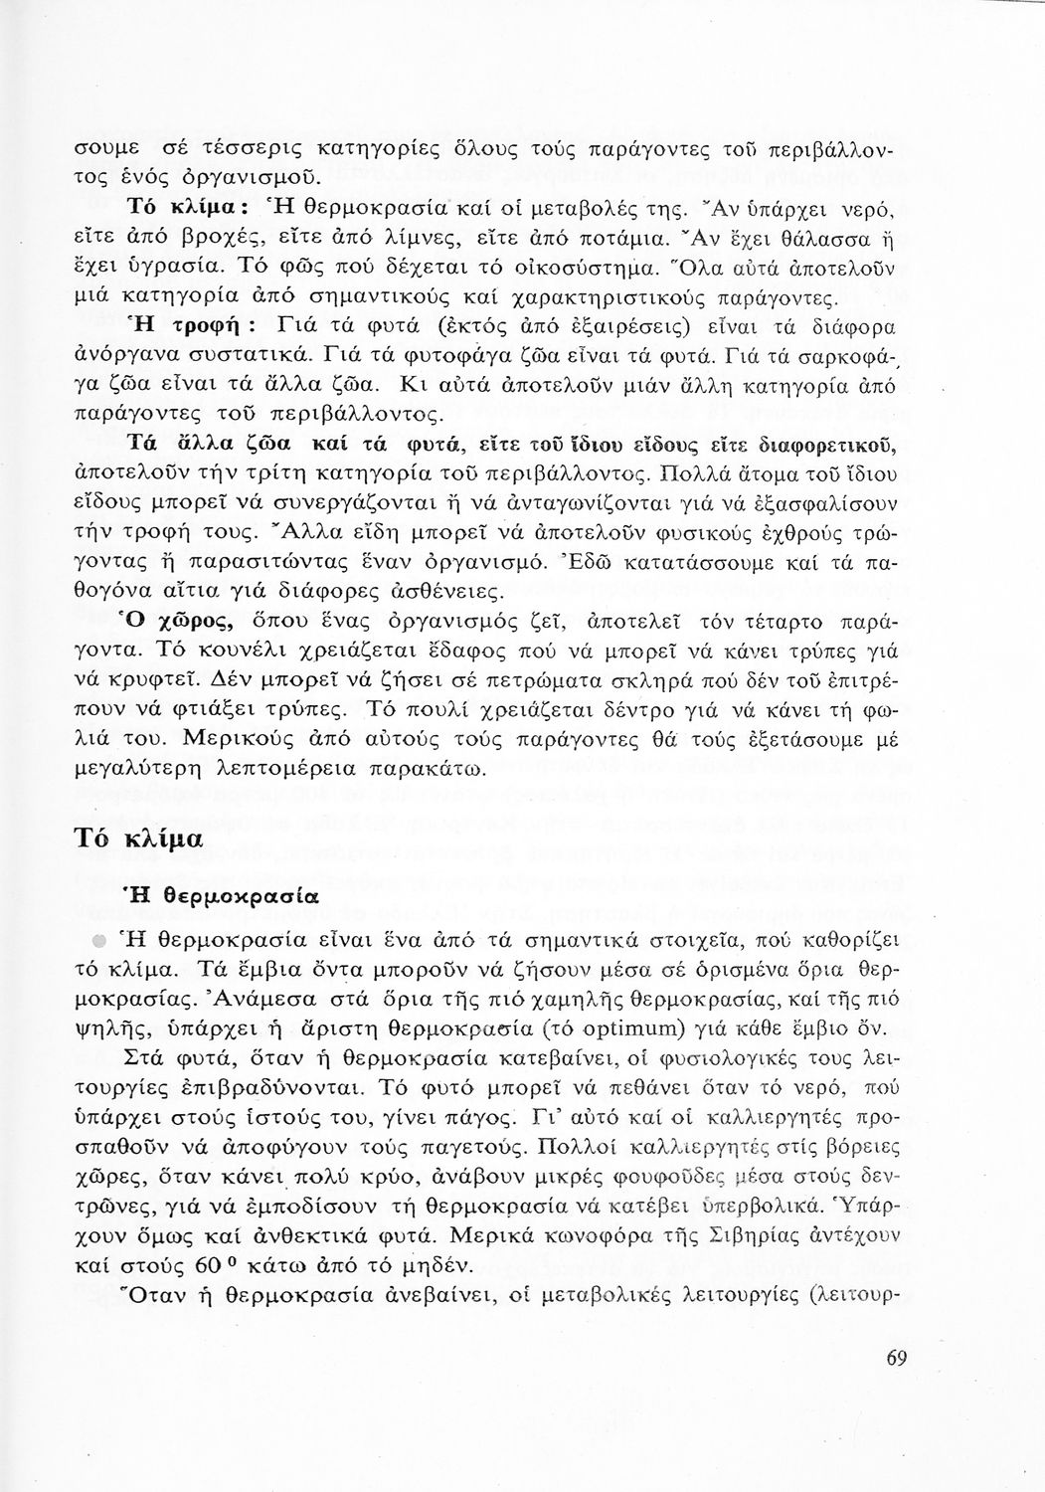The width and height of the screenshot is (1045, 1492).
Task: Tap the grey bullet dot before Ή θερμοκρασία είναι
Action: pyautogui.click(x=99, y=940)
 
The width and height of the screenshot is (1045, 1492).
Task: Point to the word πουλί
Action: pyautogui.click(x=456, y=710)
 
